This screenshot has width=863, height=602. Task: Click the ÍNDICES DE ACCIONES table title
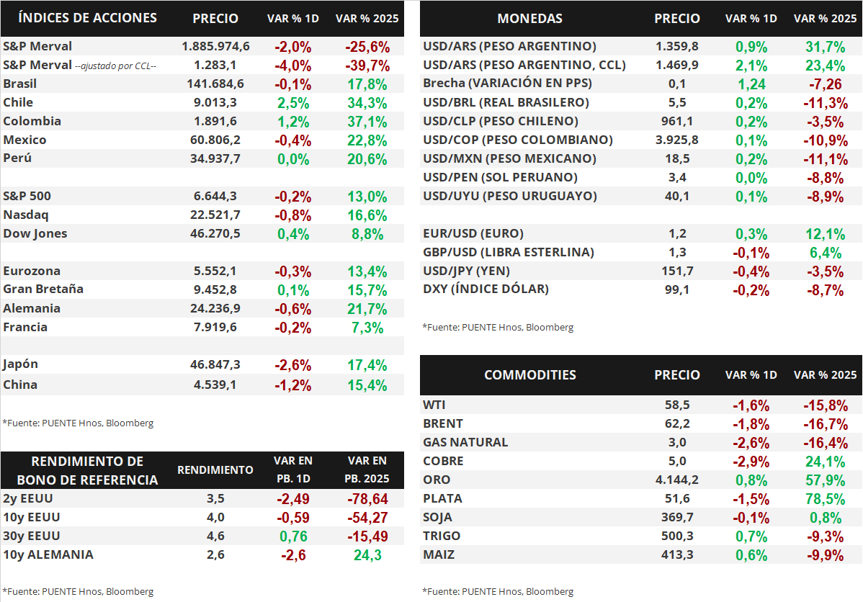[87, 18]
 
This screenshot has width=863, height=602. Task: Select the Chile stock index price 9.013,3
[215, 102]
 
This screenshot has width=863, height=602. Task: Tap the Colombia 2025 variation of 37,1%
[367, 122]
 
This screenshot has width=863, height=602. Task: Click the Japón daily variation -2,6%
[293, 366]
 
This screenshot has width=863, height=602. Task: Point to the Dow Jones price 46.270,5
[215, 233]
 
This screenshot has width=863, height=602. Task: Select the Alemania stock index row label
[32, 308]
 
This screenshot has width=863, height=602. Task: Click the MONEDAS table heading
[529, 19]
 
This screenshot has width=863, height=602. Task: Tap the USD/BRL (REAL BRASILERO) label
[506, 102]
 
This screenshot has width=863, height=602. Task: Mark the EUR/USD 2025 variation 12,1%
[825, 234]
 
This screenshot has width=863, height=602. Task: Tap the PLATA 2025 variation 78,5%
[825, 499]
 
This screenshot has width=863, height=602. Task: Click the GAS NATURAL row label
[465, 442]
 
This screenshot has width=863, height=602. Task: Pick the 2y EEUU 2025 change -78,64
[367, 499]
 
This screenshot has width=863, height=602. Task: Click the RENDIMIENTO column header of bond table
[215, 470]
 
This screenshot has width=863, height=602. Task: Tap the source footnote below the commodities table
[498, 592]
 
